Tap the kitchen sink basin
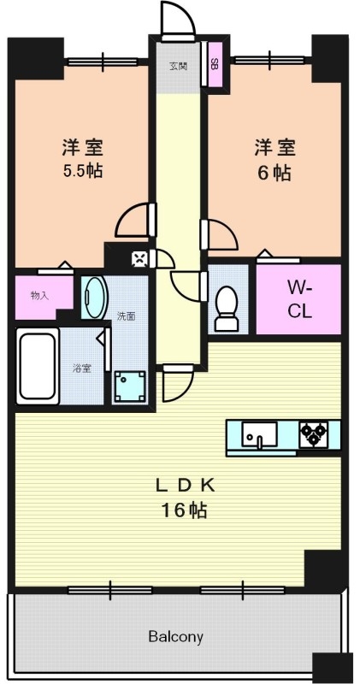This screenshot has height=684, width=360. (256, 435)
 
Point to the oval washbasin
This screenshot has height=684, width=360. (95, 298)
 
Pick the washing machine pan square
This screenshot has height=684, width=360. (130, 386)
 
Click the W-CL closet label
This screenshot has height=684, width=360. (299, 299)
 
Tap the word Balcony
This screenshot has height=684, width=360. (175, 637)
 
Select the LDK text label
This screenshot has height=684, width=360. (184, 486)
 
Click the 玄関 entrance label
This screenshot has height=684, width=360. (178, 65)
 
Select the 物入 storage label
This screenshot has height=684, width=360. (39, 296)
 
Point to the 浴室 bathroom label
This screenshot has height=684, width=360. (81, 369)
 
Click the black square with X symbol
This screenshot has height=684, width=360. (139, 256)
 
